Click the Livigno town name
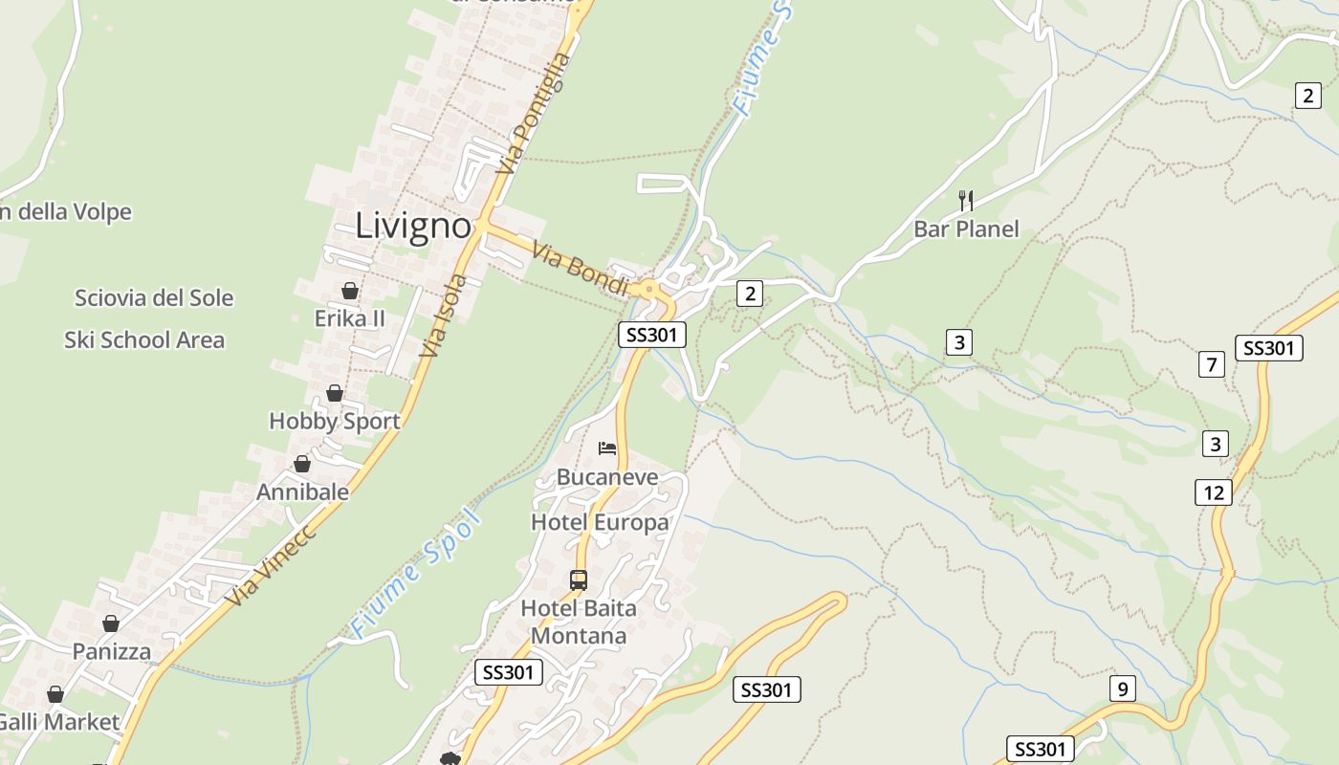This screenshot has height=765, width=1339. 413,227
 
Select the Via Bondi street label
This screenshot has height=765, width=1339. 581,271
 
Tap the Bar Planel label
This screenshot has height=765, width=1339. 966,229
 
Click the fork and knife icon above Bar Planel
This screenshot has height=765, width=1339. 966,200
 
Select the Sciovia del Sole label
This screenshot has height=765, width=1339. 154,297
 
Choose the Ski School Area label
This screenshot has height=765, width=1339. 144,339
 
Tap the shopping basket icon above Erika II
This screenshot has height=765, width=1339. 350,291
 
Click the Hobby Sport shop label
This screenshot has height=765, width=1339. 335,421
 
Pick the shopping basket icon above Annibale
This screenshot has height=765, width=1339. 302,464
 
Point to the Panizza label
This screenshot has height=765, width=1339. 112,651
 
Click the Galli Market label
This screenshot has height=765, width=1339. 59,722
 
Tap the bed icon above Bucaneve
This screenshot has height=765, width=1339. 607,448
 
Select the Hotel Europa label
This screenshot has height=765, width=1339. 600,522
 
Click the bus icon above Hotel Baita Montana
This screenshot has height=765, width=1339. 579,579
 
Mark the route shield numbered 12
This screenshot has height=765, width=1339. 1214,492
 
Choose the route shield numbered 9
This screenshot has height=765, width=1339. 1123,688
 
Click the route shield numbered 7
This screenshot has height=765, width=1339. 1212,364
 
